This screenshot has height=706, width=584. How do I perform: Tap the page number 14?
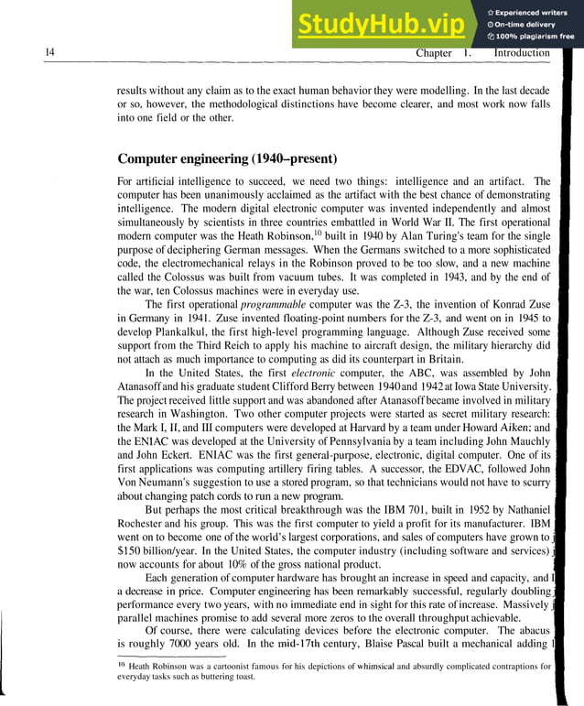(x=50, y=53)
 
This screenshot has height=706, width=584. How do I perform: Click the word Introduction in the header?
(x=522, y=53)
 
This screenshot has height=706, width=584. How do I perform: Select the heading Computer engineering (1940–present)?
(x=228, y=157)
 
